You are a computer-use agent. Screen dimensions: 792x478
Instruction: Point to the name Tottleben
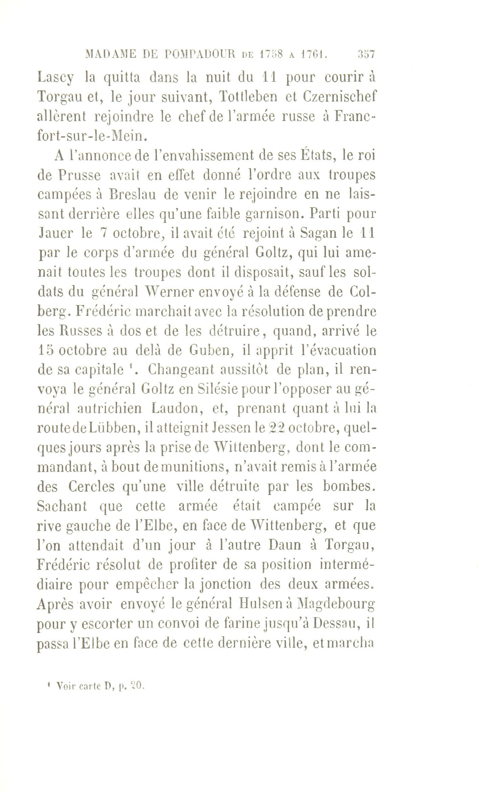249,98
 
